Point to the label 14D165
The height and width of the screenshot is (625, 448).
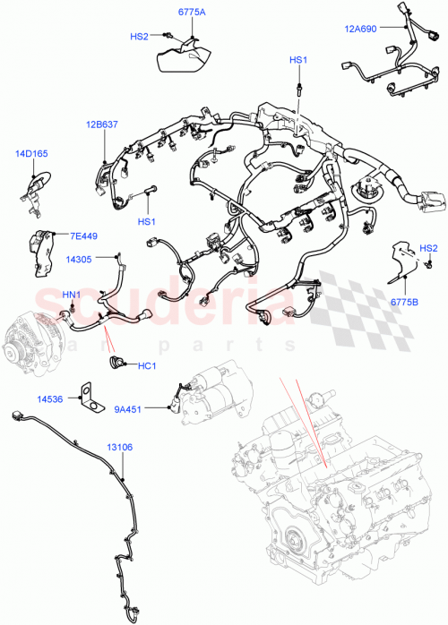(30, 154)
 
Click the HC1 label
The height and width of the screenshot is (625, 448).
(147, 365)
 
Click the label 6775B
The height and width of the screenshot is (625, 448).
(404, 303)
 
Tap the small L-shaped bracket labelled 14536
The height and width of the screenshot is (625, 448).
(89, 397)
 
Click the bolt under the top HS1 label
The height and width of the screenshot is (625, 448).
(297, 86)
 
